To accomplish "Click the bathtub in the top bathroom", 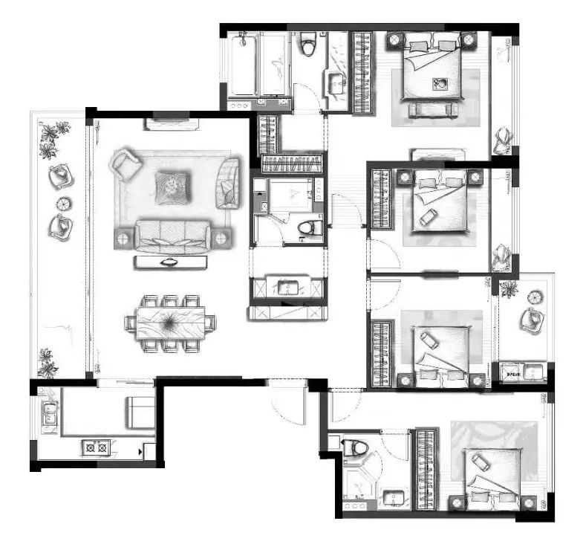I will pyautogui.click(x=258, y=67).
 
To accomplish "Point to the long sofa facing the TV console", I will pyautogui.click(x=172, y=237).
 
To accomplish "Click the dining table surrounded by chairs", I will pyautogui.click(x=169, y=323).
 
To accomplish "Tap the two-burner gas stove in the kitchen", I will pyautogui.click(x=97, y=447).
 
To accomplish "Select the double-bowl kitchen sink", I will pyautogui.click(x=49, y=413).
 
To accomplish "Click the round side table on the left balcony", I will pyautogui.click(x=64, y=202).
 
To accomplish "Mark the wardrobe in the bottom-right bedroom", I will pyautogui.click(x=426, y=468).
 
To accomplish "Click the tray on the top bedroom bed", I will pyautogui.click(x=440, y=84).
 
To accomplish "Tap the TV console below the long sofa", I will pyautogui.click(x=171, y=262).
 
